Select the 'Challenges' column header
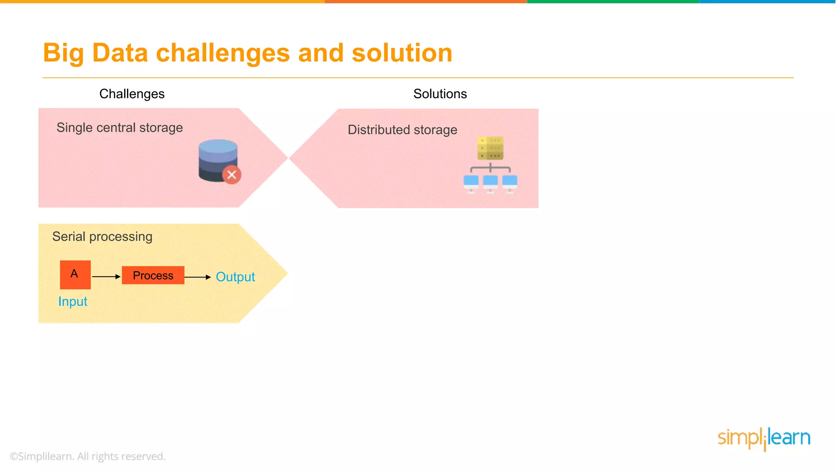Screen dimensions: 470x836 click(132, 94)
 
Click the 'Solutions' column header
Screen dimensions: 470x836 click(440, 94)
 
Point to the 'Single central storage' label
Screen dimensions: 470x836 click(119, 128)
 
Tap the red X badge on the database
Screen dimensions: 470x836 click(231, 175)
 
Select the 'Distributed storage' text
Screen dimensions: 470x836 click(402, 130)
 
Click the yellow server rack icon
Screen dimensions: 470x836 click(490, 148)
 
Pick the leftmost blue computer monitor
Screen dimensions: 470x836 click(471, 182)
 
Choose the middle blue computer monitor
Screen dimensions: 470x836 click(490, 182)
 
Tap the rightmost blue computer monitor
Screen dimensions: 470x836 click(509, 182)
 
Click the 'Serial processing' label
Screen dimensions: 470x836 click(102, 237)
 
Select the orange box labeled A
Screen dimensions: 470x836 click(75, 274)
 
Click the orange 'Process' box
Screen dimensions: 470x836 click(153, 275)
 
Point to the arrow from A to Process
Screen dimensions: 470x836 click(106, 277)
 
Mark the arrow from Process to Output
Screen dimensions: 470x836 click(198, 277)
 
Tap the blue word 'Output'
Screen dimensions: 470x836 click(235, 277)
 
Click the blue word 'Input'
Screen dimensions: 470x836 click(73, 302)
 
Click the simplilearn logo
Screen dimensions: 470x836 click(764, 438)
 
